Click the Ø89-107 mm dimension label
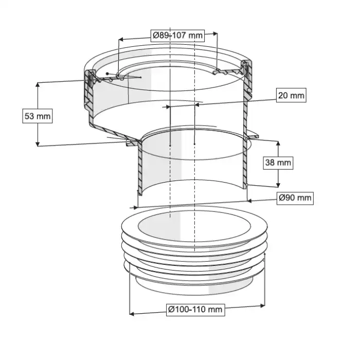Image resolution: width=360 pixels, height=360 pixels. [177, 35]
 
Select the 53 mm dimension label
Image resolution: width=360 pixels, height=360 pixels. [38, 116]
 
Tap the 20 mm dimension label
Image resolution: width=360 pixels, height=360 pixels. [291, 95]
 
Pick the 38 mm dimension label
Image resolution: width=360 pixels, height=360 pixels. [278, 163]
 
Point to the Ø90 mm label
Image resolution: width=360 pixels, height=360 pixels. [295, 197]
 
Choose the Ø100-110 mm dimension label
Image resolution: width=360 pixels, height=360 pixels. [195, 309]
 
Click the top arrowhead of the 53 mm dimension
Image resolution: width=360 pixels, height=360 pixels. [38, 84]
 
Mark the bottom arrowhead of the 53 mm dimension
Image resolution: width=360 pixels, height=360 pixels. [38, 143]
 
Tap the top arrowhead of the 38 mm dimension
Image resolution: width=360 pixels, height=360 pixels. [278, 143]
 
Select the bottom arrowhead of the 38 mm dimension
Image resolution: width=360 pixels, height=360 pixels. [278, 185]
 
